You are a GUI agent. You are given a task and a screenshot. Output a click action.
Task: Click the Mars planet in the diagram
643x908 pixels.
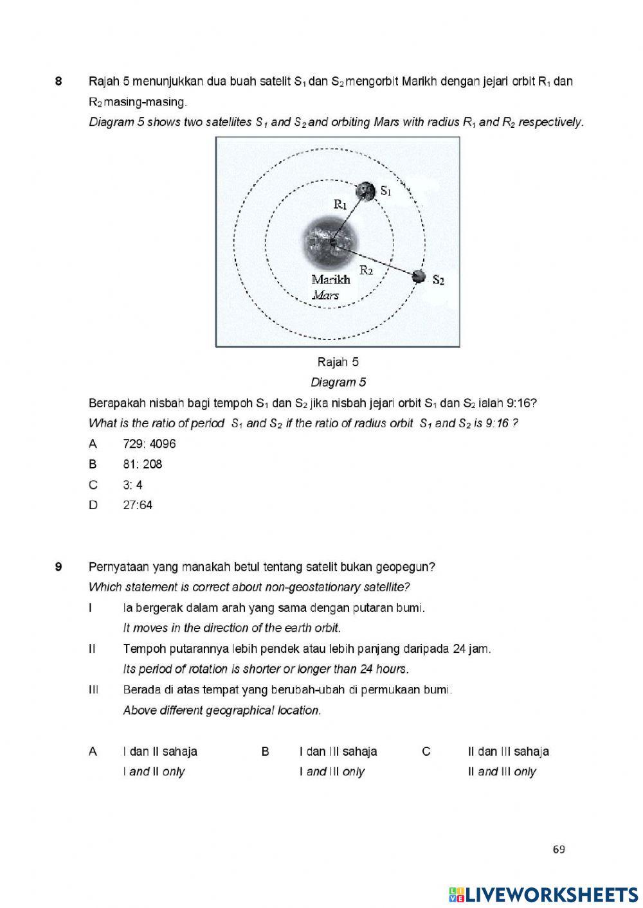(331, 242)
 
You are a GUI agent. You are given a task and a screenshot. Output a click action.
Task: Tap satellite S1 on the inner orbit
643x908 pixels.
(366, 191)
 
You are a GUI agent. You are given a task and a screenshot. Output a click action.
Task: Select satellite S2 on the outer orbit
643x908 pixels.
(419, 277)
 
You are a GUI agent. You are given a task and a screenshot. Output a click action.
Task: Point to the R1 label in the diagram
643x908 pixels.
(340, 204)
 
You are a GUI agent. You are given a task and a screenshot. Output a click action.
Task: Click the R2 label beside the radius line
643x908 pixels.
(367, 270)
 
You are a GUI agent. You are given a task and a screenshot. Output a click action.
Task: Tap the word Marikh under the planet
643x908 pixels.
(331, 280)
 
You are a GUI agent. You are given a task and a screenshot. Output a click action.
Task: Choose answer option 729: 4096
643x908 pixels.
(149, 444)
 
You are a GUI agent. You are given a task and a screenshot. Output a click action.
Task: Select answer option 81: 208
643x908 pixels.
(143, 465)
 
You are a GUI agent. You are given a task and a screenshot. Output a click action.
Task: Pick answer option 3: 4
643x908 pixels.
(133, 485)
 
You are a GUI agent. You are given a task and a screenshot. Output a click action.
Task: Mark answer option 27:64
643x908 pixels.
(138, 505)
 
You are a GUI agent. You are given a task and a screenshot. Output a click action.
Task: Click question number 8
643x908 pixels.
(59, 82)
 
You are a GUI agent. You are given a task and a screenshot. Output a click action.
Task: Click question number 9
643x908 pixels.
(59, 567)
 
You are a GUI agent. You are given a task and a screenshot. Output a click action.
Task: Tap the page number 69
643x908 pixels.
(559, 850)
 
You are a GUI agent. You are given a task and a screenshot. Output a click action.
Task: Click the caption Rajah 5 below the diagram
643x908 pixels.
(338, 362)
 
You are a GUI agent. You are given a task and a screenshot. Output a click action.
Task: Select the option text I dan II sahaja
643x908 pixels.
(160, 752)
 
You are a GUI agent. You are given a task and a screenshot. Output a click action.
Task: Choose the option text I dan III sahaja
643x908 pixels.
(338, 752)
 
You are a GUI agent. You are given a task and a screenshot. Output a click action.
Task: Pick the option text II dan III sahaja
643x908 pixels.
(509, 752)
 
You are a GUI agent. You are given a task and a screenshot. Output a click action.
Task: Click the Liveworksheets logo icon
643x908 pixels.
(456, 894)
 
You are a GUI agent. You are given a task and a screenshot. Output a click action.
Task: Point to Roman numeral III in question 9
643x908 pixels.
(93, 690)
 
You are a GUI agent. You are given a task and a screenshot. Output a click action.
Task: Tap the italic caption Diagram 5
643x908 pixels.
(338, 383)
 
